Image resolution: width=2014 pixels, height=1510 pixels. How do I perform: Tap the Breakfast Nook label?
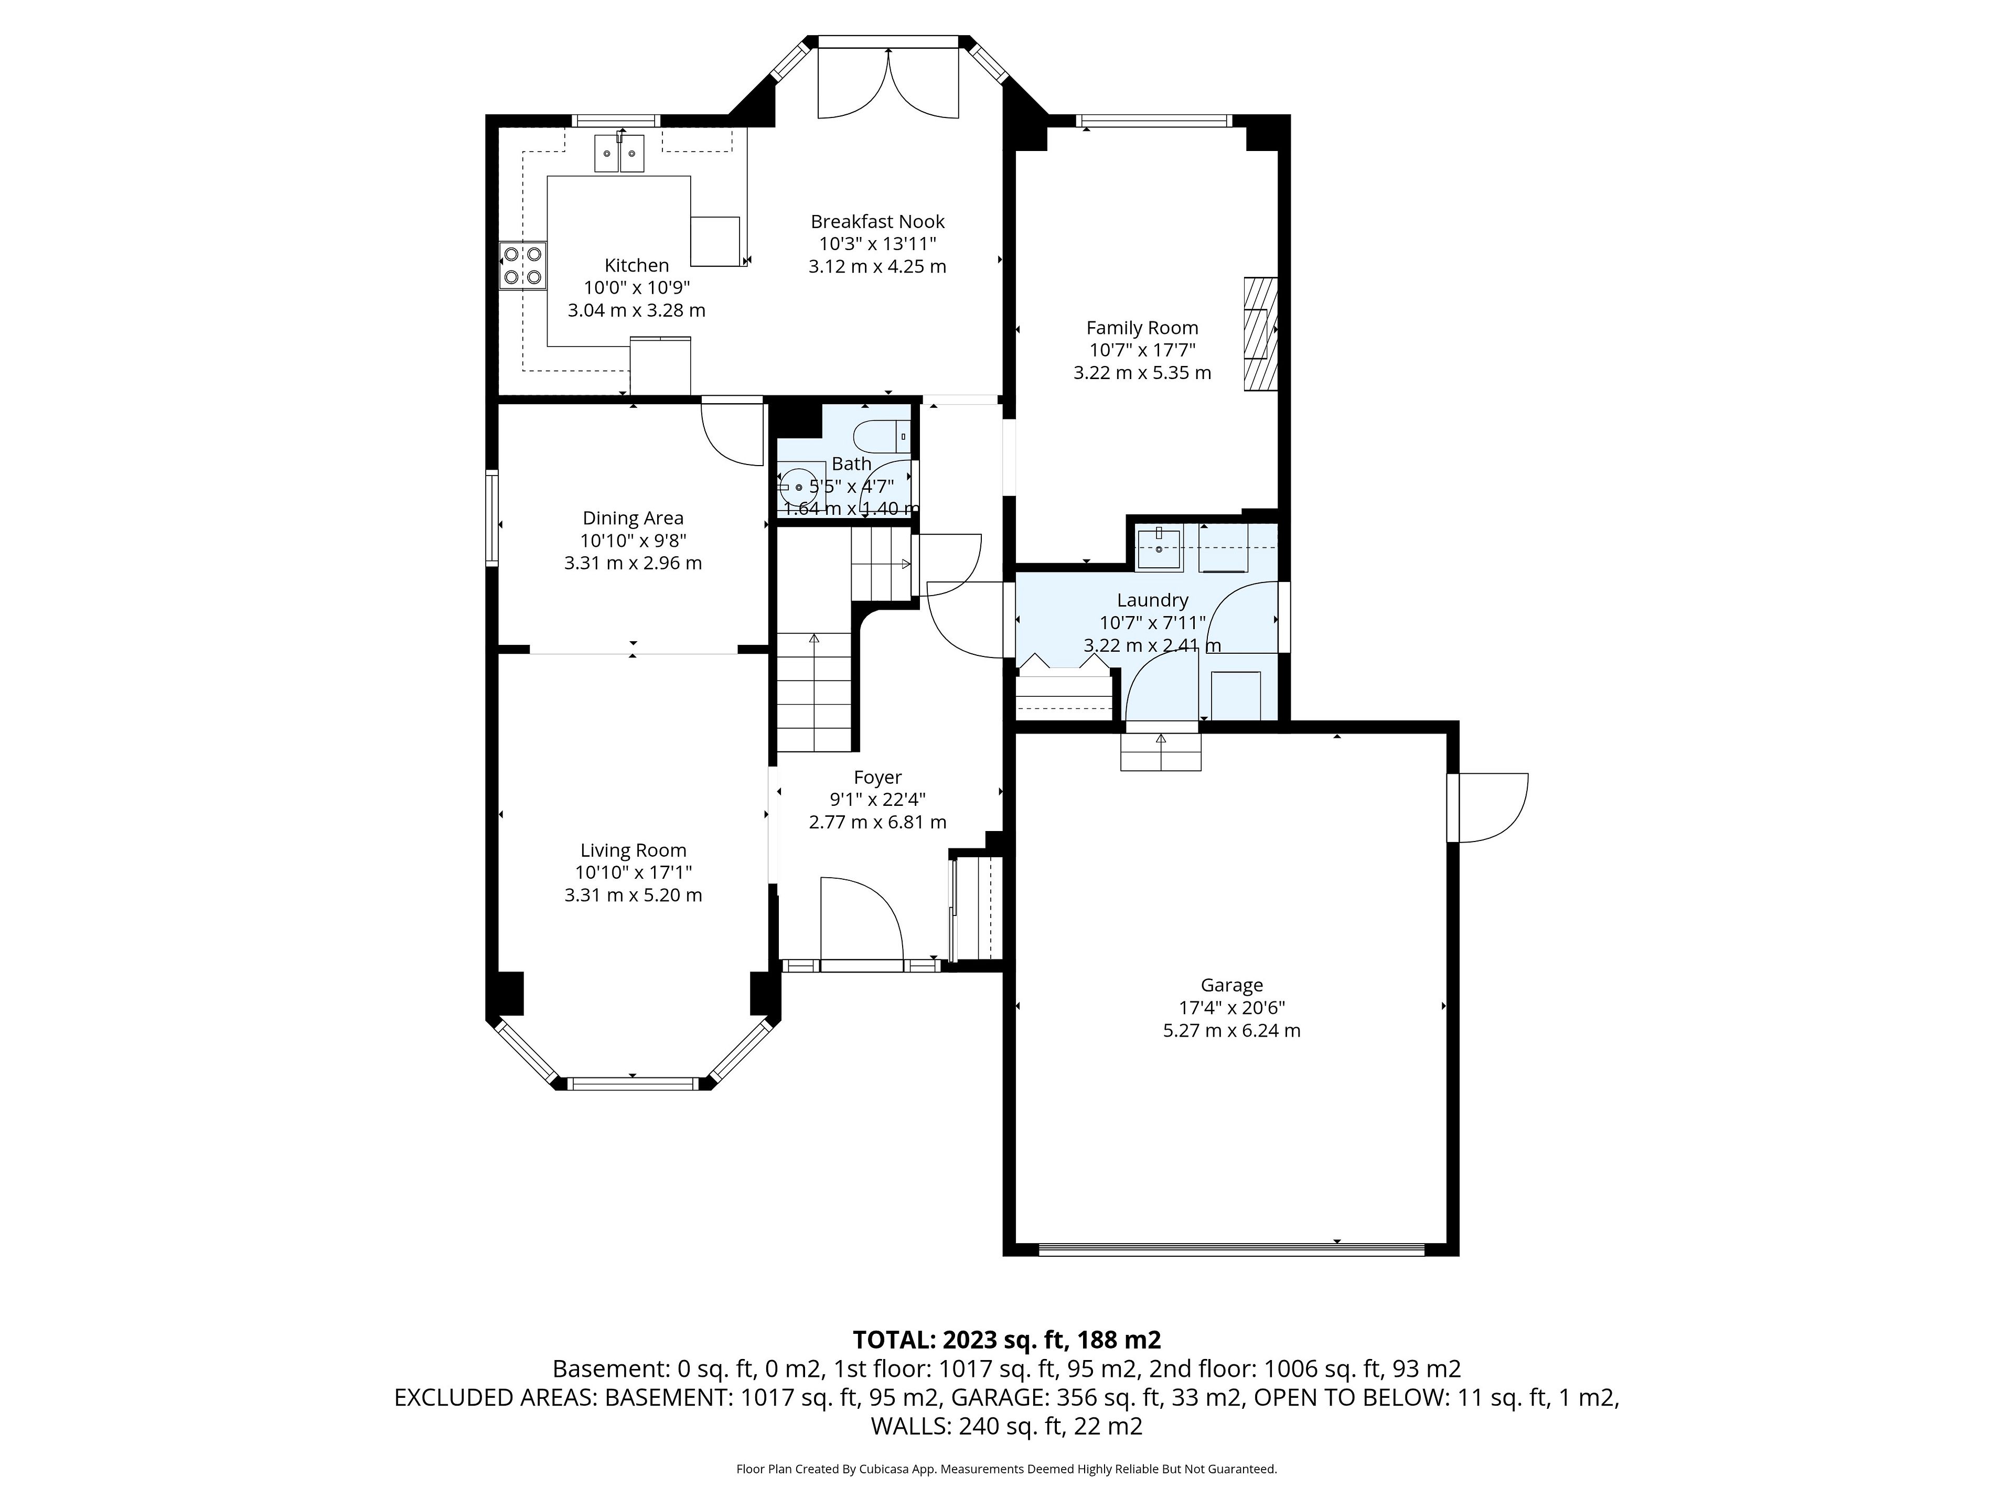(x=877, y=221)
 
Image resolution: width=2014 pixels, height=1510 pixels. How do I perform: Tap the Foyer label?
(x=877, y=778)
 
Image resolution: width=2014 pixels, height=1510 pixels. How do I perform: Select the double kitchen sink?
(x=619, y=153)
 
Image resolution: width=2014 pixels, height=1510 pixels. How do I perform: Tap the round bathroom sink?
(x=798, y=487)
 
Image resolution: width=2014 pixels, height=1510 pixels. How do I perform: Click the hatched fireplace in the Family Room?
(x=1260, y=334)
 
